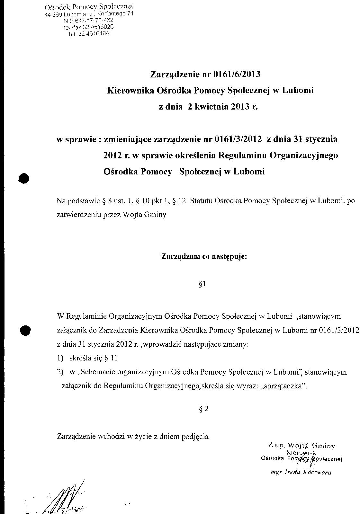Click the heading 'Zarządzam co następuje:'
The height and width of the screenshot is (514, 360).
204,257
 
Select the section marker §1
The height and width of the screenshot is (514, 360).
202,284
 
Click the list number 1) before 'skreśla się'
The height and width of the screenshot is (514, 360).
60,358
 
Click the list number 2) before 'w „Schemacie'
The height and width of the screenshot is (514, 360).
60,372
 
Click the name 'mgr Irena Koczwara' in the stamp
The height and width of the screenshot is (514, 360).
301,473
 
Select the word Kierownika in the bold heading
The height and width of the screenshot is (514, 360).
130,91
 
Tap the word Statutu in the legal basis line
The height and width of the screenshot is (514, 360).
201,201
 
